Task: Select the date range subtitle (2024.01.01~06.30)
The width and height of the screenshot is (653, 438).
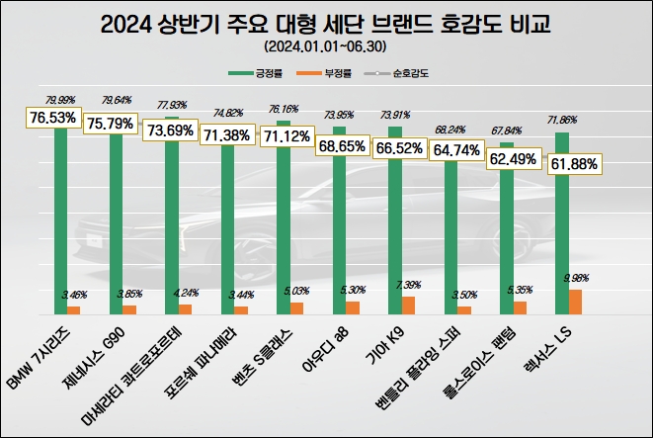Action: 326,46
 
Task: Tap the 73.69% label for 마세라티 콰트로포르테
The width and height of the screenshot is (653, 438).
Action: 165,130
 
